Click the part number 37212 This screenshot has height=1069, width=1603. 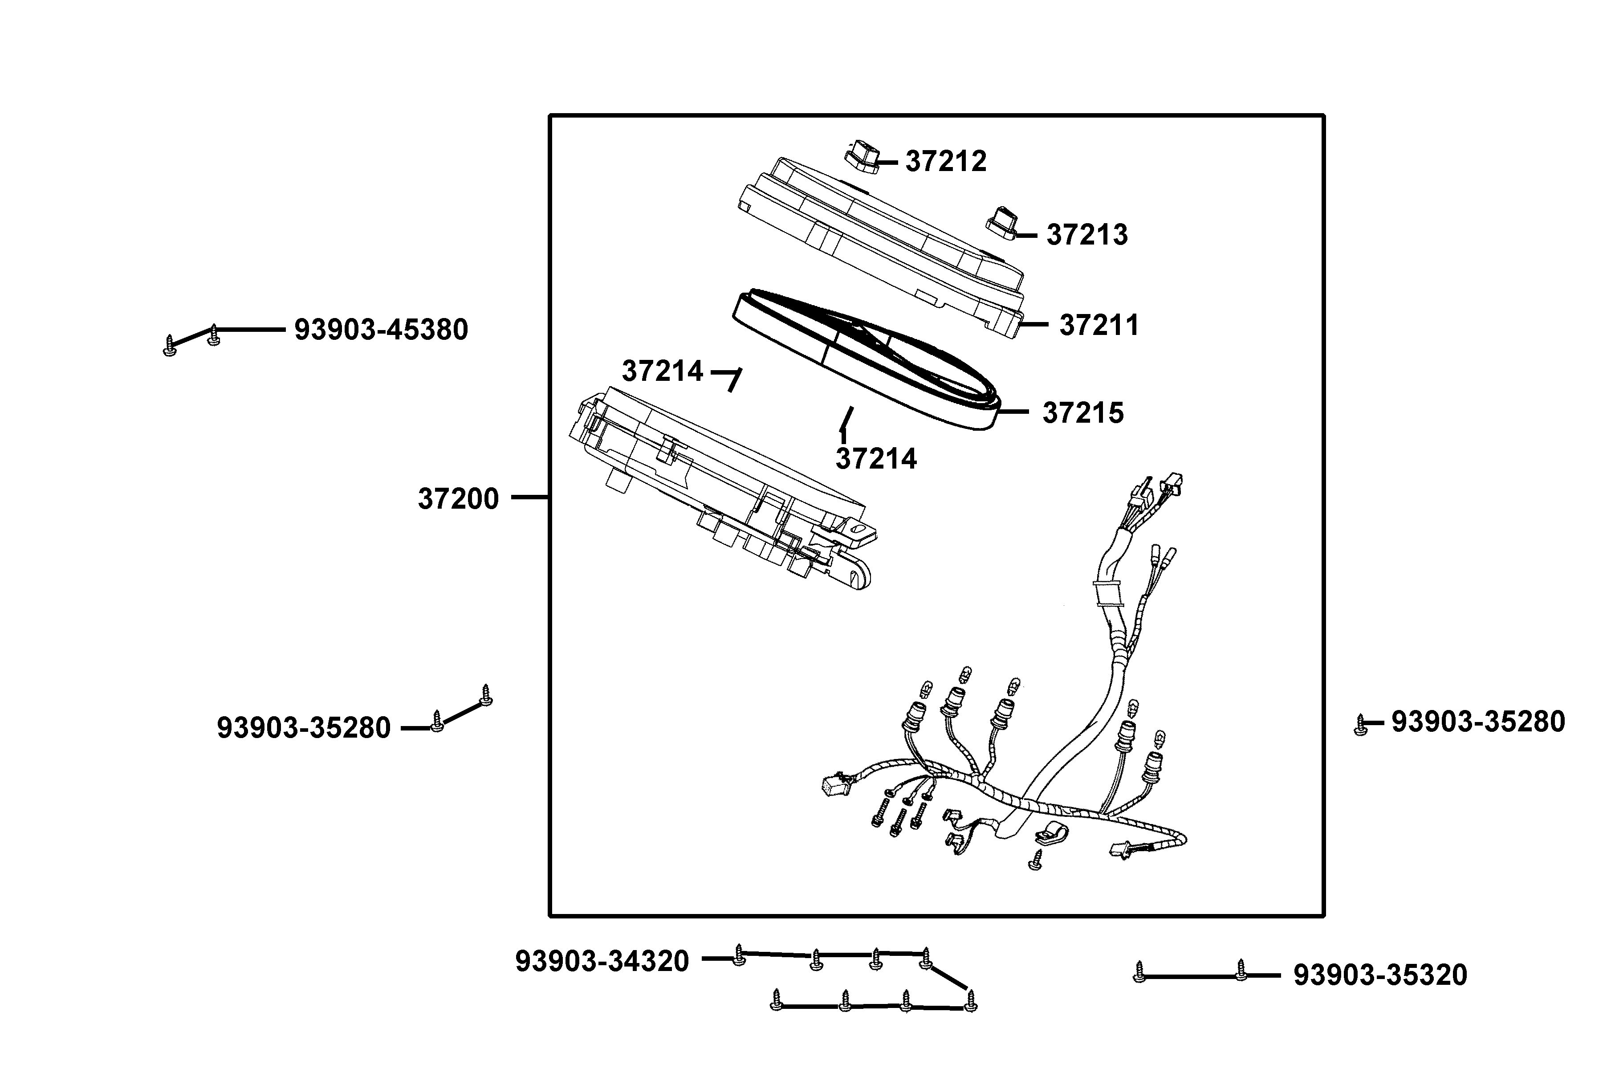point(945,162)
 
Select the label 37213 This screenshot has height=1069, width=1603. point(1086,235)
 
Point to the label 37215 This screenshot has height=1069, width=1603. point(1082,413)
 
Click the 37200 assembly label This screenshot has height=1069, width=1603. point(458,499)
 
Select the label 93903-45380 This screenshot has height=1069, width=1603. point(381,330)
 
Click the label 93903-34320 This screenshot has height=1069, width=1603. point(602,961)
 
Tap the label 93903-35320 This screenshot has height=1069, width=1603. point(1379,975)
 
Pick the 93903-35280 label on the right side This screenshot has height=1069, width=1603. point(1477,722)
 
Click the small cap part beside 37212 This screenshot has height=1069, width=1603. point(862,156)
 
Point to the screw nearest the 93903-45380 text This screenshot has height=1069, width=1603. point(213,335)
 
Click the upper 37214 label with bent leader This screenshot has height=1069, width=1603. point(662,371)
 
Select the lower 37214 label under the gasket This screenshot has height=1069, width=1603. point(876,459)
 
